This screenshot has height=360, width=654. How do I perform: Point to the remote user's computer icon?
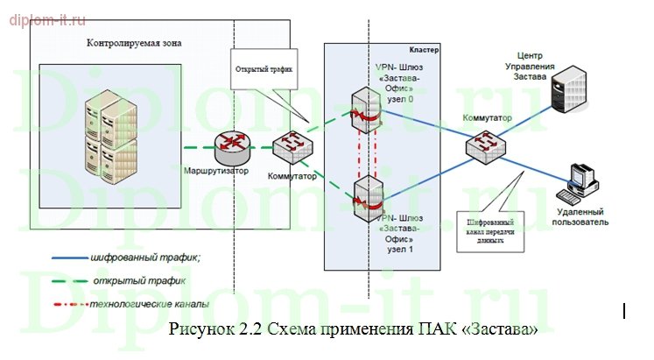(581, 181)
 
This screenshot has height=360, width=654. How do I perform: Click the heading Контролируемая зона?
(135, 43)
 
